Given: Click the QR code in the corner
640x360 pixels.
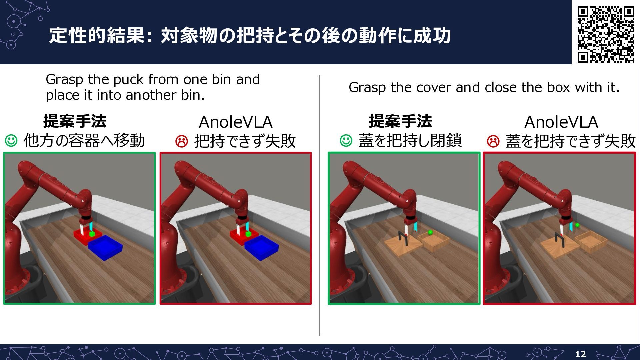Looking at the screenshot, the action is (x=606, y=34).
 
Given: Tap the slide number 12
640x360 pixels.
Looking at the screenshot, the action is (x=580, y=354).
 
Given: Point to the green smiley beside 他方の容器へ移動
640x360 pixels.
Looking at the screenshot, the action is (x=11, y=140).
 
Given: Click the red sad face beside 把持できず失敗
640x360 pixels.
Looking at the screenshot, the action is (x=182, y=141).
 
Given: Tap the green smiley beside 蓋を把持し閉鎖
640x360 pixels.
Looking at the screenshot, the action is (x=346, y=140).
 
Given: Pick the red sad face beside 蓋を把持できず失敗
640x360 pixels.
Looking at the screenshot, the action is (x=493, y=141).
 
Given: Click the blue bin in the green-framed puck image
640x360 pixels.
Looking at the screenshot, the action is (x=105, y=247).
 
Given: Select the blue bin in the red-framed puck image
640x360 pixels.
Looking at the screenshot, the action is (x=261, y=247).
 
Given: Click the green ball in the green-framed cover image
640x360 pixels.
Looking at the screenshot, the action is (x=430, y=232).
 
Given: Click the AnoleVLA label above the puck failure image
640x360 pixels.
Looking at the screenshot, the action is (x=236, y=122).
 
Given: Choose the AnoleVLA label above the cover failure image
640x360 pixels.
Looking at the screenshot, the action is (x=561, y=122).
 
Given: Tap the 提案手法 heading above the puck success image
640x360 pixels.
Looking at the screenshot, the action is (x=75, y=121).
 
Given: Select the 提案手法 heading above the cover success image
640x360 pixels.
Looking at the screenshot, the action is (x=400, y=121).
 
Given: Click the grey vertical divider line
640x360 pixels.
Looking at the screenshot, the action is (x=320, y=205).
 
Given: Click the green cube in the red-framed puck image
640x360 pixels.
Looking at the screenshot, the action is (x=248, y=234).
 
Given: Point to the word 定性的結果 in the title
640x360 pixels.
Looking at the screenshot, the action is (x=97, y=35).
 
